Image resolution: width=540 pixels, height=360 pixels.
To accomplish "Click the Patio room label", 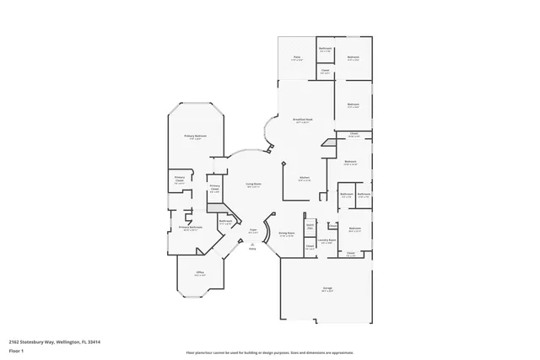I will pos(296,57).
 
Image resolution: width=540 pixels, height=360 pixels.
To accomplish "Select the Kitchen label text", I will pos(304,178).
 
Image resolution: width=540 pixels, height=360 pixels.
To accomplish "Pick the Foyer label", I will pos(252,229).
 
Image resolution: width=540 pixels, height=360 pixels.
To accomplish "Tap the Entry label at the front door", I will pos(252,246).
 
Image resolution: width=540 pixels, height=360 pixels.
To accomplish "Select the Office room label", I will pos(201,272).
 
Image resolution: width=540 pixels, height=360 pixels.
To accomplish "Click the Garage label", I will pos(327,288).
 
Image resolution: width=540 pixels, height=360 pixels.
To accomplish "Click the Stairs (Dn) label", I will pos(310,226).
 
